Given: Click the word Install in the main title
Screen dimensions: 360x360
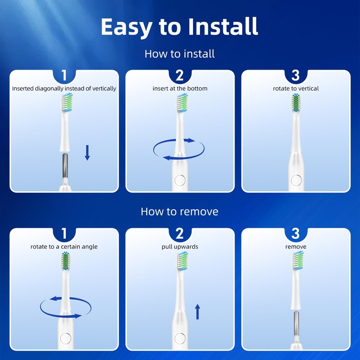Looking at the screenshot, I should click(x=223, y=27).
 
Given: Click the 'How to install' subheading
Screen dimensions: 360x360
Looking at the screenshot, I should click(x=180, y=54).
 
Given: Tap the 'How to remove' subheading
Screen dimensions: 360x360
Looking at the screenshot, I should click(x=180, y=211).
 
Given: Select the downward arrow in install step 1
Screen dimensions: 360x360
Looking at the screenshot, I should click(x=87, y=152).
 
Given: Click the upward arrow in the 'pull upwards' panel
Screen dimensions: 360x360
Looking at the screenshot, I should click(x=197, y=311).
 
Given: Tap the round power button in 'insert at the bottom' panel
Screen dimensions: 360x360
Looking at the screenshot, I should click(x=180, y=180).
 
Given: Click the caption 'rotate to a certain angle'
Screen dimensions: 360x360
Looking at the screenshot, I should click(x=64, y=247).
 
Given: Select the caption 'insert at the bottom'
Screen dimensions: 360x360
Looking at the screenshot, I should click(x=180, y=89).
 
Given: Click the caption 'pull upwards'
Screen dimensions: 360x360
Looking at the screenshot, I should click(x=180, y=247).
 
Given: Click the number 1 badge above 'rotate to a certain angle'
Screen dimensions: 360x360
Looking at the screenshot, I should click(x=64, y=234).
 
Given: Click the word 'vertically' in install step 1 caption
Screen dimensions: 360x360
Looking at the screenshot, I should click(x=103, y=89).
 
